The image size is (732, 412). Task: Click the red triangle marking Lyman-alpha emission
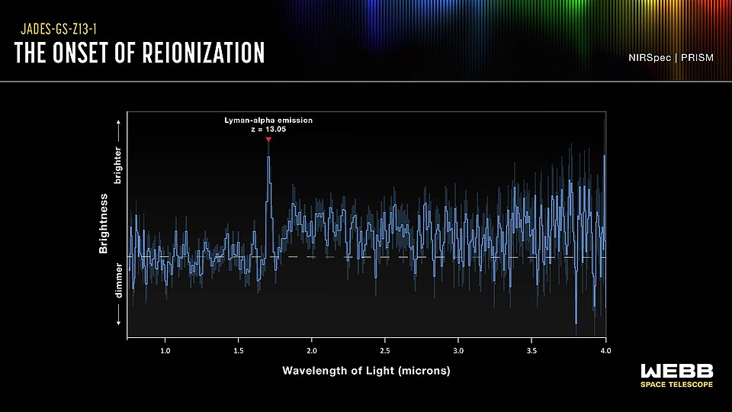(x=268, y=140)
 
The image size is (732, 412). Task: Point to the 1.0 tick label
(x=165, y=350)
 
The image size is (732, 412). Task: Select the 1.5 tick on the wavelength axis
(x=239, y=350)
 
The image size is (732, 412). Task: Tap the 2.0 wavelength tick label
(x=312, y=350)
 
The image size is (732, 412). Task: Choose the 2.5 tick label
(x=385, y=350)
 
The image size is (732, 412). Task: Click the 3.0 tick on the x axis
(x=458, y=350)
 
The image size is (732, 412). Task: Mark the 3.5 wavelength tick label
(x=531, y=350)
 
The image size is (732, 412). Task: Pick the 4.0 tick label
(x=605, y=350)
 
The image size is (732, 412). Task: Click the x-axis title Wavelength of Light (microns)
(x=366, y=371)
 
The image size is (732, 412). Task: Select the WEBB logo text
(x=676, y=371)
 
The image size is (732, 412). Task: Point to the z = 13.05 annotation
(x=268, y=129)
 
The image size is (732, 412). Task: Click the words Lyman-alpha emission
(x=268, y=121)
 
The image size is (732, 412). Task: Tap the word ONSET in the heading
(x=97, y=53)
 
